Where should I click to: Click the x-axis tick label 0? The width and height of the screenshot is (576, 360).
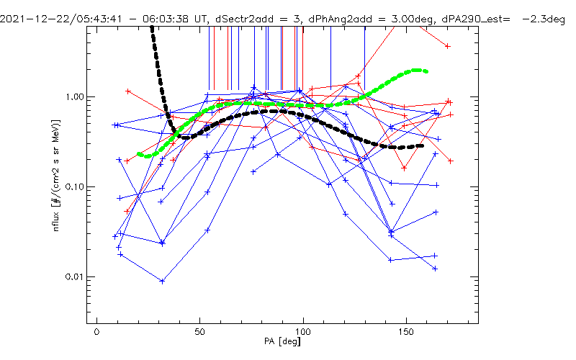click(x=96, y=332)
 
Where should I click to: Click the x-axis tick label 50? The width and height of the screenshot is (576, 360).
click(x=200, y=332)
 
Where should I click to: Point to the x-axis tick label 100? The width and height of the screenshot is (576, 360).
click(x=303, y=332)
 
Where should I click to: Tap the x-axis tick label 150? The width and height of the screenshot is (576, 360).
click(x=406, y=332)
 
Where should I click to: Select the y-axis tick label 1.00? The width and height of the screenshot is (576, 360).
click(x=74, y=97)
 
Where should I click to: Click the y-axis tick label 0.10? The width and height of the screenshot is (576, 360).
click(x=74, y=187)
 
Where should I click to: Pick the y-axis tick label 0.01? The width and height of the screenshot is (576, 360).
click(x=74, y=276)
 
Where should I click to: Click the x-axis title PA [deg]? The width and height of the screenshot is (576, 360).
click(x=282, y=341)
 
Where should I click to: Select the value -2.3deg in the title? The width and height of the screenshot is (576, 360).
click(x=544, y=19)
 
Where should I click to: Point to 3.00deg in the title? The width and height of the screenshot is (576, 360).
click(x=412, y=19)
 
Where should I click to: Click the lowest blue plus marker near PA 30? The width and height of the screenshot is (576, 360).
click(x=163, y=282)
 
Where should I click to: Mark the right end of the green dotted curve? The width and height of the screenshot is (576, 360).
click(x=426, y=71)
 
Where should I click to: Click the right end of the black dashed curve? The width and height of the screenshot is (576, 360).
click(x=422, y=146)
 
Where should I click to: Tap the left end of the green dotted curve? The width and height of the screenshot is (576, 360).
click(x=139, y=154)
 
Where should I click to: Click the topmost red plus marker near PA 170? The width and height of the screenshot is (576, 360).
click(x=447, y=46)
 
